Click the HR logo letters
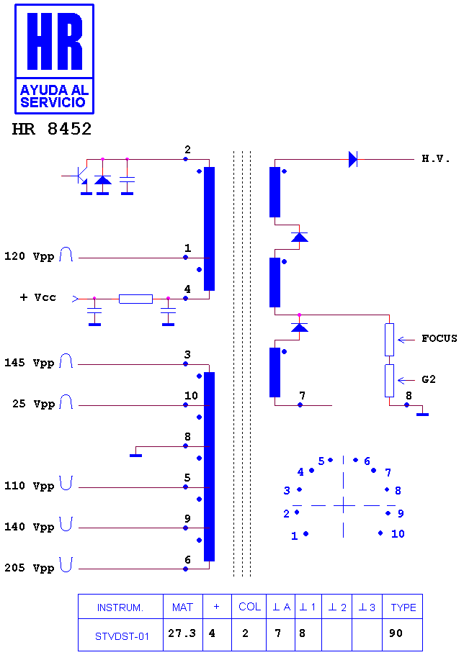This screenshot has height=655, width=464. point(55,41)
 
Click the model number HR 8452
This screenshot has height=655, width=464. point(52,129)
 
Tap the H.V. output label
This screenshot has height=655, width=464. point(436,158)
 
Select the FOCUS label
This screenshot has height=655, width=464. point(439,338)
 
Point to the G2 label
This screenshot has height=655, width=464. point(429,379)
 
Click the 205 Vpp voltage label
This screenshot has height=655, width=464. point(30,568)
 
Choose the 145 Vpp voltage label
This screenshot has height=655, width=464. point(30,363)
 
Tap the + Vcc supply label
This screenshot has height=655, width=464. point(37,297)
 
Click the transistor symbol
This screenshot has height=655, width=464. point(80,176)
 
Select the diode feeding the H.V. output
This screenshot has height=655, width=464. point(353,159)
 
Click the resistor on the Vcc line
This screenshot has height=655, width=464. point(136,299)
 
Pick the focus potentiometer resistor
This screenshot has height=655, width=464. point(389,340)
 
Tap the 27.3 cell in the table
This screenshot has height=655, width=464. point(182,633)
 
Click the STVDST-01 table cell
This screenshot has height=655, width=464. point(122,636)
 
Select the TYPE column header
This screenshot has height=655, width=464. point(403,607)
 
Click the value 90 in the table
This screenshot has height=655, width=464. point(396,633)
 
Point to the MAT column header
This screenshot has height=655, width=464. point(183,607)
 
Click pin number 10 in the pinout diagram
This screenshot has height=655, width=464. point(398,533)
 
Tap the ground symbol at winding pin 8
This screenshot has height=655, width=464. point(136,455)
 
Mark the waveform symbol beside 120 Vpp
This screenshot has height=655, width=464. point(66,254)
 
